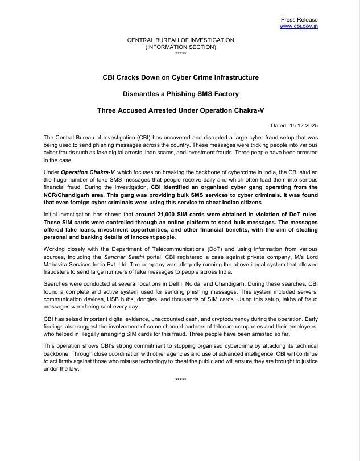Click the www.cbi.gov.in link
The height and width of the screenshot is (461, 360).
point(299,26)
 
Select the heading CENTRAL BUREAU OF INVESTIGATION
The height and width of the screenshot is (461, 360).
point(180,40)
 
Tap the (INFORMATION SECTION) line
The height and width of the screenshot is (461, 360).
point(180,47)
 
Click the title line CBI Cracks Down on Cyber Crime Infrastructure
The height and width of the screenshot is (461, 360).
point(180,77)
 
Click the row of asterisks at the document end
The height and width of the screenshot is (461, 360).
point(180,380)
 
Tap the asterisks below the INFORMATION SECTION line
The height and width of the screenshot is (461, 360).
point(180,53)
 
